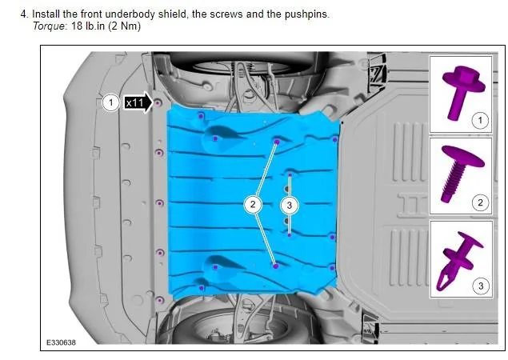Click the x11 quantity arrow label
138,102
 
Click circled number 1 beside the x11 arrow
111,102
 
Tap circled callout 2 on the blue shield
253,204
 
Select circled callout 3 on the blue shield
290,205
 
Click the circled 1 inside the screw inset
480,120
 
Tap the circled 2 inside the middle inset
480,203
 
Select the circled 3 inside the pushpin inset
481,286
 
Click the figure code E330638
62,342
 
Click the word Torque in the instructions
49,26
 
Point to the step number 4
24,14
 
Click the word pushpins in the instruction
307,15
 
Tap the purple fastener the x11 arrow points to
158,103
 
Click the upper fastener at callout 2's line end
277,142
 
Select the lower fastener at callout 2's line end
276,266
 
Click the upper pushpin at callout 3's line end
290,175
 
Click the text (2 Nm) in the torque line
125,26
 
